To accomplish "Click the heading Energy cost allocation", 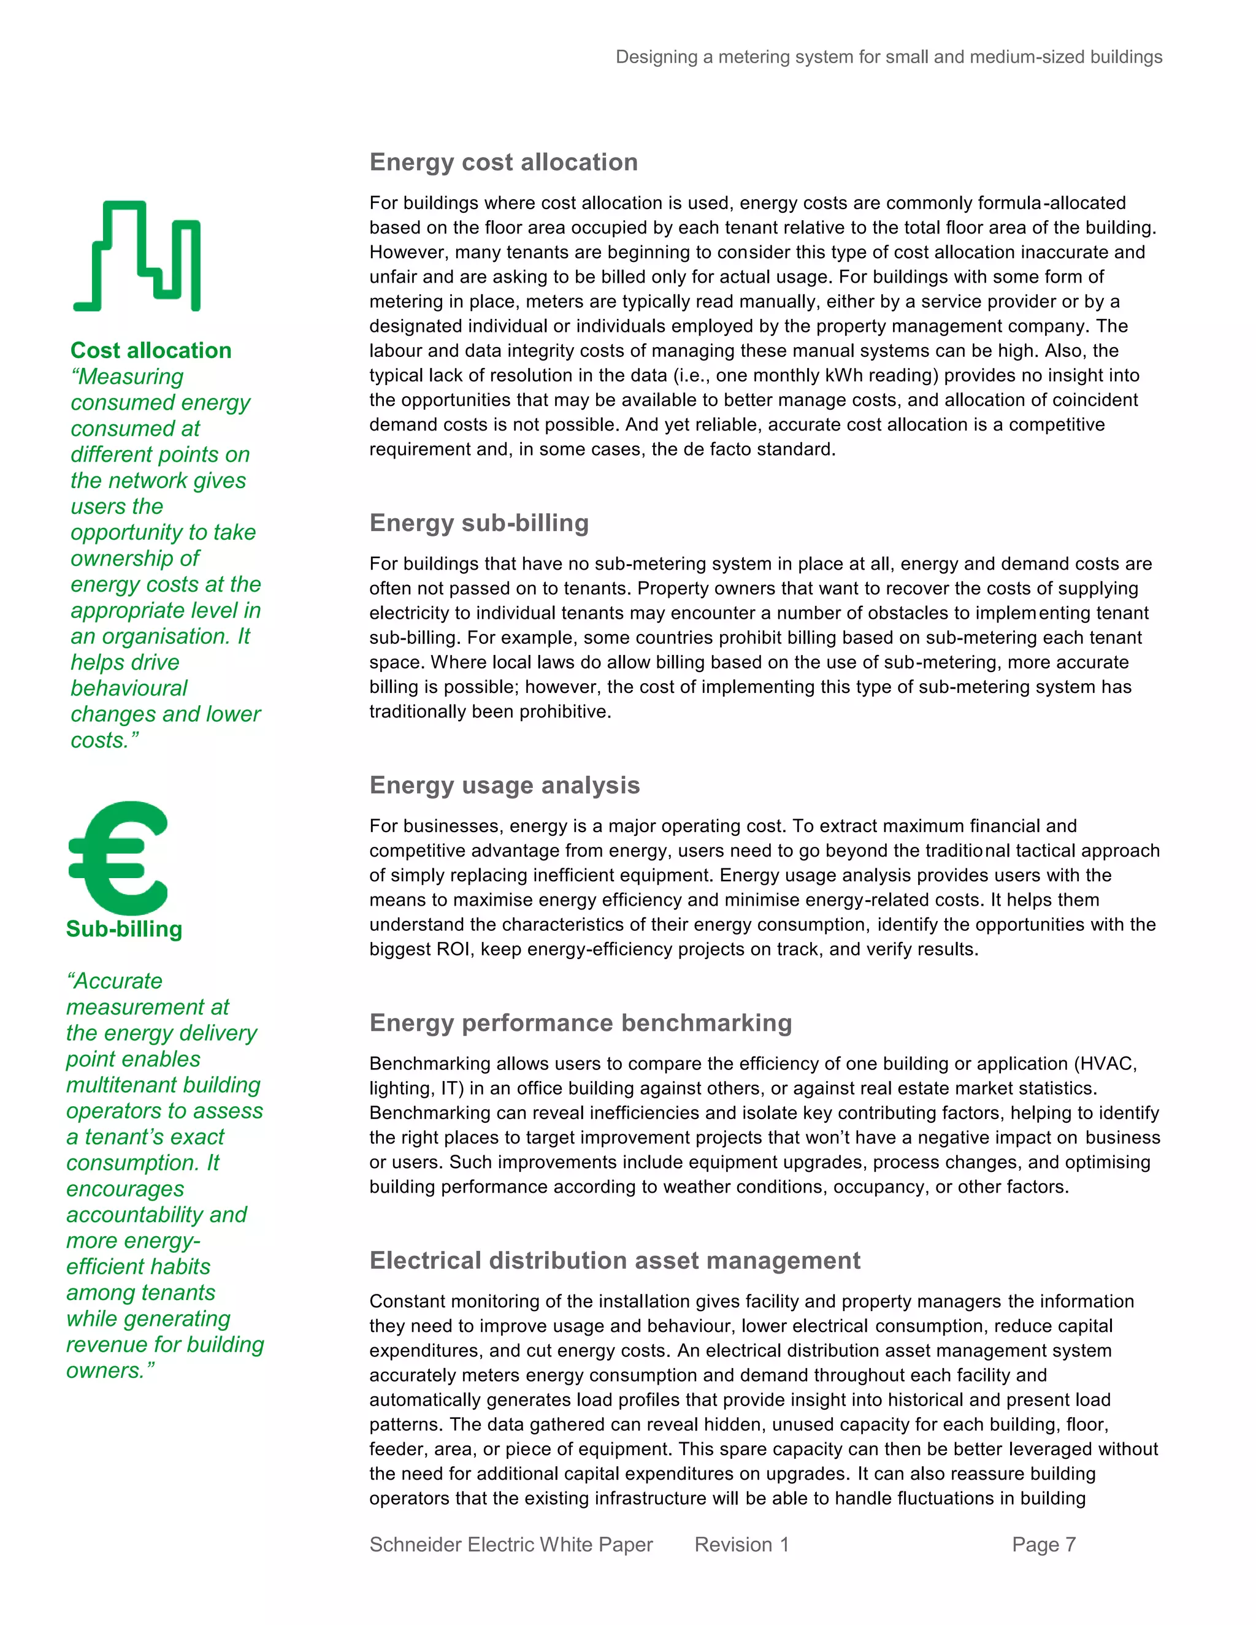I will coord(504,162).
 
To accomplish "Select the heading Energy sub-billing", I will coord(479,523).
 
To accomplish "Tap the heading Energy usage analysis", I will coord(505,785).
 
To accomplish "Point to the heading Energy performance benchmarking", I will coord(580,1022).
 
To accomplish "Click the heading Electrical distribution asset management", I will coord(615,1260).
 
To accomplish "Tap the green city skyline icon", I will coord(137,256).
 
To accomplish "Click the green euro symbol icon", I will coord(119,858).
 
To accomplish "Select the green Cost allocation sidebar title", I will coord(151,350).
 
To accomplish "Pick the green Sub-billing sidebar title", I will coord(124,928).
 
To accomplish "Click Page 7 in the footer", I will coord(1043,1545).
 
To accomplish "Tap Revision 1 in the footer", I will coord(741,1545).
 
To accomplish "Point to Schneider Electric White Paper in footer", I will coord(511,1545).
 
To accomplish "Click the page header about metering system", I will coord(889,57).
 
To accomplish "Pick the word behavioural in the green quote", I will coord(129,688).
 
